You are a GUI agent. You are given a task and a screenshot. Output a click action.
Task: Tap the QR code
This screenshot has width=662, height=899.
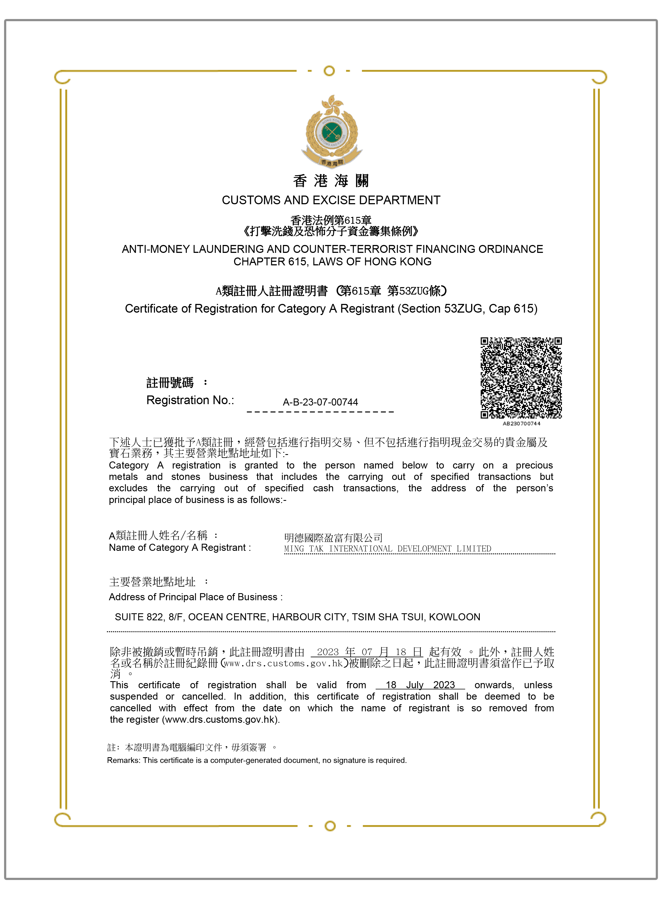pyautogui.click(x=521, y=378)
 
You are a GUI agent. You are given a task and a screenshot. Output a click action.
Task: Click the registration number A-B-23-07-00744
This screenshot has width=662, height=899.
pyautogui.click(x=320, y=402)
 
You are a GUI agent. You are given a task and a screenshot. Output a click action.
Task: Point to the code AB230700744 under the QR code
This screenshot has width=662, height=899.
pyautogui.click(x=521, y=424)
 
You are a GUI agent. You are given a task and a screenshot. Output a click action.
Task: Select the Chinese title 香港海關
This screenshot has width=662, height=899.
pyautogui.click(x=331, y=181)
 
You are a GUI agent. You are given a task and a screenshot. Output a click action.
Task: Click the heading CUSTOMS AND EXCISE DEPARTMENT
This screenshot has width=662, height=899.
pyautogui.click(x=331, y=200)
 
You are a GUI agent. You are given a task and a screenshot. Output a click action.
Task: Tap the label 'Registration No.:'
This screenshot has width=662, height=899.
pyautogui.click(x=190, y=400)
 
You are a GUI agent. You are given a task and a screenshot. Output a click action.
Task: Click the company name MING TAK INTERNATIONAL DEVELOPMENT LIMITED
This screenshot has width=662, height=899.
pyautogui.click(x=387, y=548)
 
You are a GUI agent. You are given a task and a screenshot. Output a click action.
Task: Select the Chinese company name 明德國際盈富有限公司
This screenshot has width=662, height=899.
pyautogui.click(x=333, y=537)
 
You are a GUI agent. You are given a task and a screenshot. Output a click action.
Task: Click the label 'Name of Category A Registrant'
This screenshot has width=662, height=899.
pyautogui.click(x=179, y=548)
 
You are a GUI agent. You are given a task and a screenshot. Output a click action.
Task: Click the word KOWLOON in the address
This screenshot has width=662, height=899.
pyautogui.click(x=455, y=617)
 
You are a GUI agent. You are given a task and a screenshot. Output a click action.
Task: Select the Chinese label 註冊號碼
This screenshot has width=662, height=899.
pyautogui.click(x=170, y=383)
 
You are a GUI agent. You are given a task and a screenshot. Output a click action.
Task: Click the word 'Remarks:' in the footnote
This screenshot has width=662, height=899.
pyautogui.click(x=124, y=760)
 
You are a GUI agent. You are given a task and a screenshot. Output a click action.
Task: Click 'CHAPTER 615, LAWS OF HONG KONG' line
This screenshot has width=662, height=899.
pyautogui.click(x=332, y=262)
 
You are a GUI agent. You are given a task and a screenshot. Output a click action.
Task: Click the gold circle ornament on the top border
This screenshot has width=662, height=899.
pyautogui.click(x=329, y=71)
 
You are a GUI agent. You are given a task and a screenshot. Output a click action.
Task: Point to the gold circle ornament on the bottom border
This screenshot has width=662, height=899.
pyautogui.click(x=330, y=826)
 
